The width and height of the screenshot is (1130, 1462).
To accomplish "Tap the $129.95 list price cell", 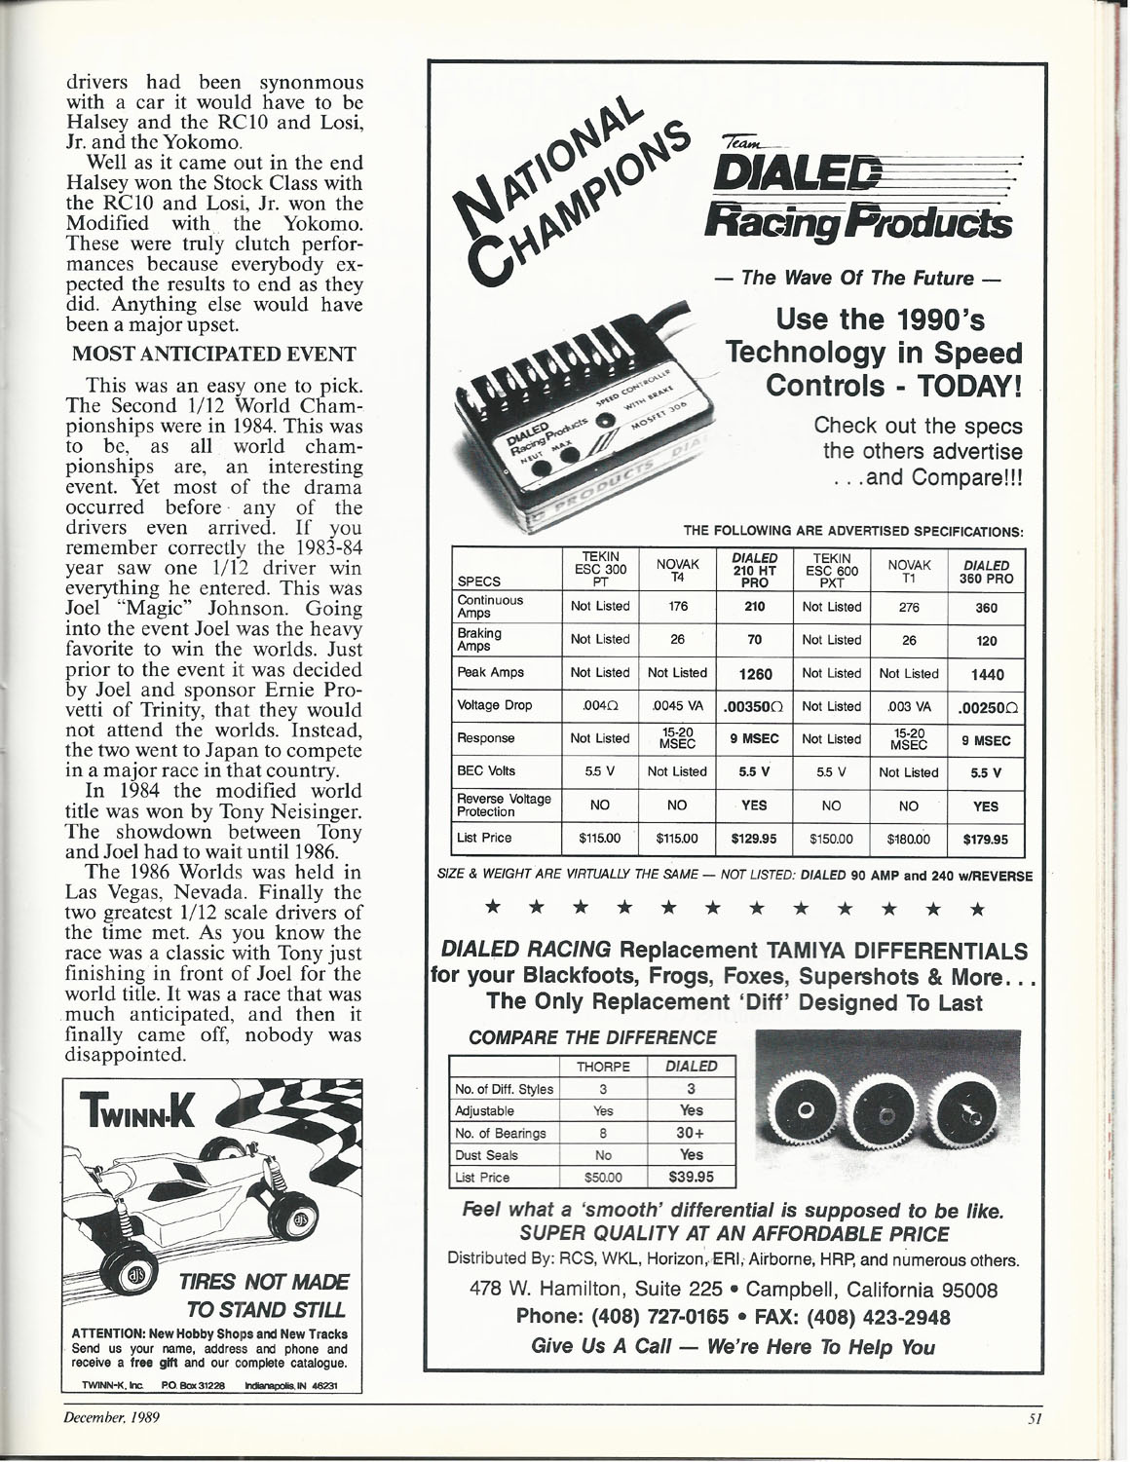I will pos(754,838).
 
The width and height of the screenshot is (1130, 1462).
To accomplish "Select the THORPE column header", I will pos(604,1067).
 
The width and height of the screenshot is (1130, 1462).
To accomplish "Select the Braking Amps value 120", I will pos(985,640).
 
